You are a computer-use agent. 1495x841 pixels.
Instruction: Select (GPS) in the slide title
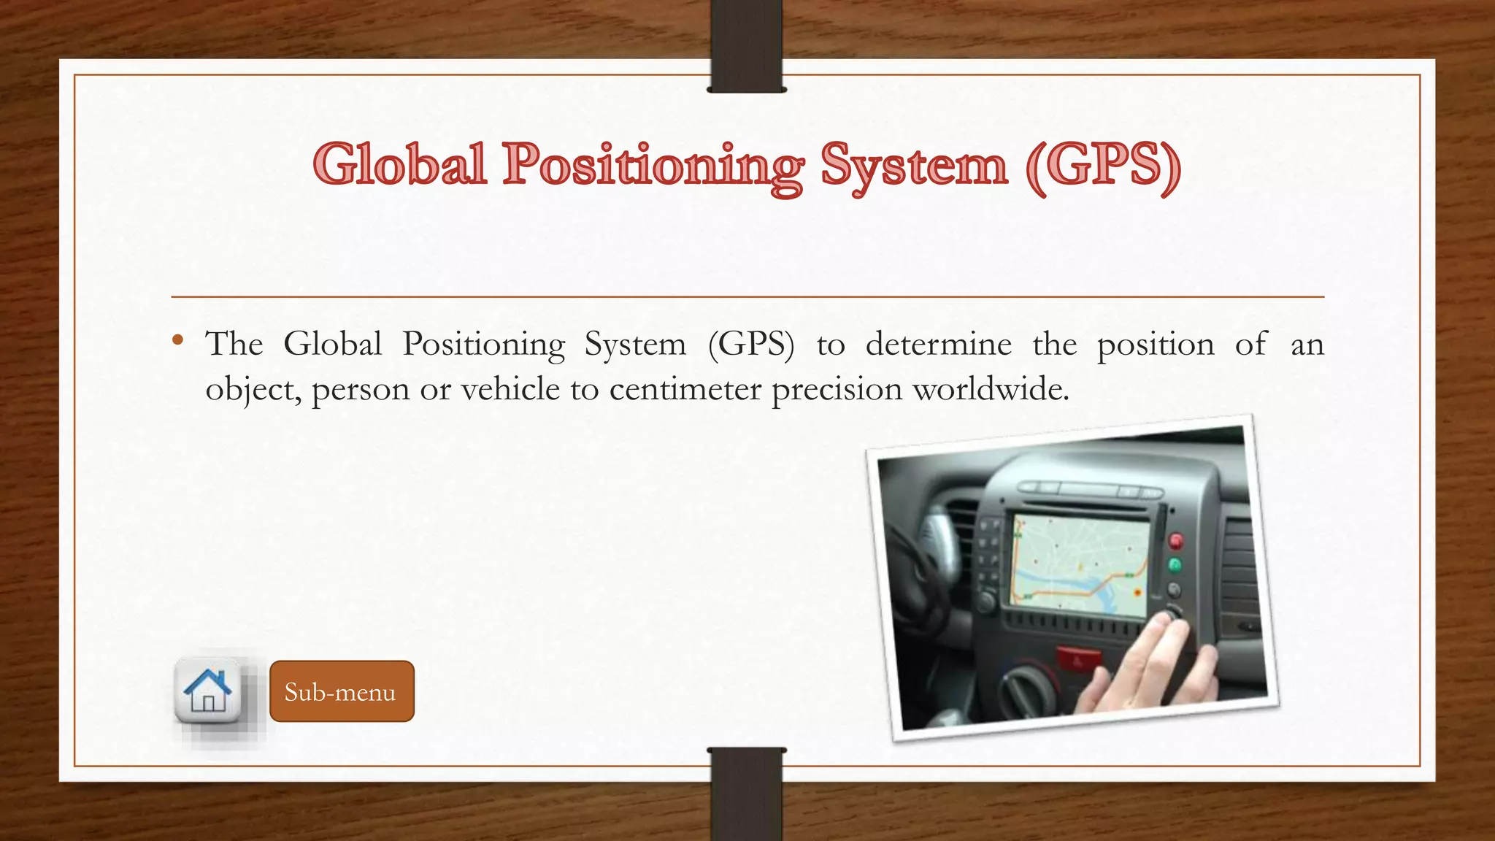(x=1102, y=166)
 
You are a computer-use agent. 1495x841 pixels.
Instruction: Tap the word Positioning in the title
(x=653, y=166)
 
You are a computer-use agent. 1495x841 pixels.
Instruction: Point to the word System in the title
(x=914, y=166)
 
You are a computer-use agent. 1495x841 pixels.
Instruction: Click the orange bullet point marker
(x=178, y=339)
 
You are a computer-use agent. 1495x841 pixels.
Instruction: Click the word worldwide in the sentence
(x=991, y=389)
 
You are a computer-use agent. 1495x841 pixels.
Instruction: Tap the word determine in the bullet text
(x=938, y=344)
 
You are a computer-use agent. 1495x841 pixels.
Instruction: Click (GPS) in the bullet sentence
(x=750, y=345)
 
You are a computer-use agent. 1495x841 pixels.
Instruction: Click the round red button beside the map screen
(x=1176, y=541)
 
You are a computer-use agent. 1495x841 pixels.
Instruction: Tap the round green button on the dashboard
(x=1175, y=565)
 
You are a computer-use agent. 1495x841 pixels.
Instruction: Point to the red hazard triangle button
(x=1077, y=659)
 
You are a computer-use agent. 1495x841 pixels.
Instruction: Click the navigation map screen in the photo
(x=1079, y=561)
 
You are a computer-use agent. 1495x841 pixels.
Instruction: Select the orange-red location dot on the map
(x=1137, y=592)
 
